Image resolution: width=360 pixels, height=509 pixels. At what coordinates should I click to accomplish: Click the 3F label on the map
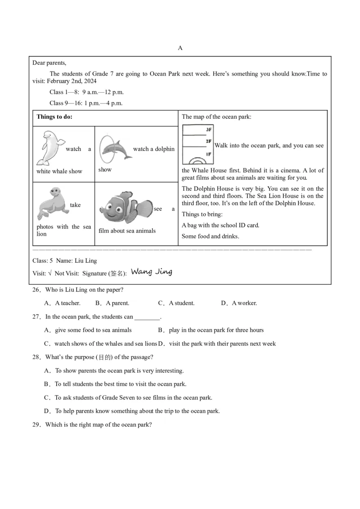point(208,129)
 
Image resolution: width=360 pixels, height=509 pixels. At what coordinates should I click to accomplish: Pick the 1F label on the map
point(208,154)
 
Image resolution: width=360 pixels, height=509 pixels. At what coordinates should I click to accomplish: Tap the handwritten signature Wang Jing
point(151,272)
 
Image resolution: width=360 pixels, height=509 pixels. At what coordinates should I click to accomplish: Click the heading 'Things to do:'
point(54,117)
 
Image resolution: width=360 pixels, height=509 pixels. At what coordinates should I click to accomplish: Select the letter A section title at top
point(180,48)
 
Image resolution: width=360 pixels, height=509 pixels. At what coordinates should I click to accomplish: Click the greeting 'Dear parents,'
point(49,63)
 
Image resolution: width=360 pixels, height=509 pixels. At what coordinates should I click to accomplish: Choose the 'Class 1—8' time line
point(86,92)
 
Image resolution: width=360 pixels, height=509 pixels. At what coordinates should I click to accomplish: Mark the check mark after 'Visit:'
point(50,273)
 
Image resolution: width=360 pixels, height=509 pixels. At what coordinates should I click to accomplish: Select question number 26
point(36,290)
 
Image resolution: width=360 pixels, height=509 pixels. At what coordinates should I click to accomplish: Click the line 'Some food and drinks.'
point(210,237)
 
